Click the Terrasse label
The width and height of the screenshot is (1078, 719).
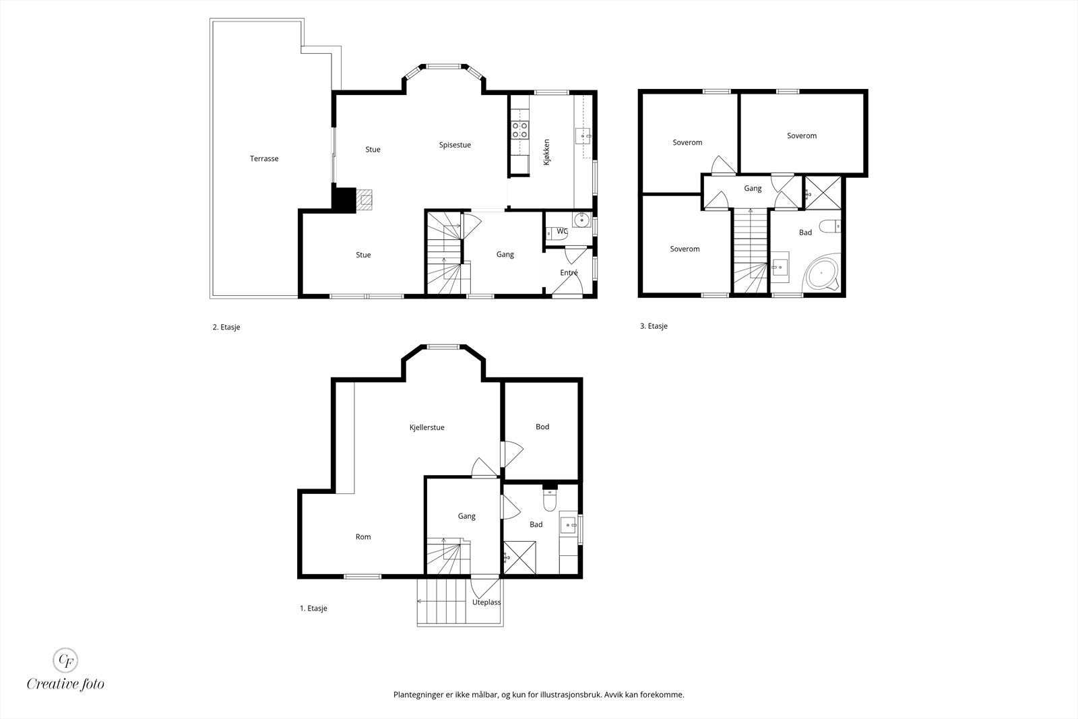[264, 158]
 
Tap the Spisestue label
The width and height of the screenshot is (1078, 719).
[455, 145]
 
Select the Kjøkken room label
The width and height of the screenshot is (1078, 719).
[546, 152]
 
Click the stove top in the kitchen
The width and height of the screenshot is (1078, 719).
[519, 130]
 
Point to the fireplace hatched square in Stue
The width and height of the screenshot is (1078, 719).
[364, 200]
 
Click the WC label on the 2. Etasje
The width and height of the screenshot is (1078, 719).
[562, 232]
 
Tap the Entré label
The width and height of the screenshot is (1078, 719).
[569, 272]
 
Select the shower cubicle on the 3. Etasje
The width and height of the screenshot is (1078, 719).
[823, 193]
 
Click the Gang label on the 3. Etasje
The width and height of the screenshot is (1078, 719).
[753, 188]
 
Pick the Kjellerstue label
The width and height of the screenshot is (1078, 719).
[427, 427]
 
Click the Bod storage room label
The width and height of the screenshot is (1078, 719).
[542, 427]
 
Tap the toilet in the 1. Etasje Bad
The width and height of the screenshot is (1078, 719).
[550, 500]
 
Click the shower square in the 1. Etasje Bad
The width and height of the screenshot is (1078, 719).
[519, 557]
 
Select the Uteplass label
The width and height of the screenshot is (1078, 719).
[486, 602]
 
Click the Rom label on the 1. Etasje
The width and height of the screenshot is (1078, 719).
[363, 536]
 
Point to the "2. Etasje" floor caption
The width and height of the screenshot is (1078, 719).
[226, 327]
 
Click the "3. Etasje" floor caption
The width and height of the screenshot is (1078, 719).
[654, 326]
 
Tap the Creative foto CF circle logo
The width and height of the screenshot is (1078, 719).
[65, 660]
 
